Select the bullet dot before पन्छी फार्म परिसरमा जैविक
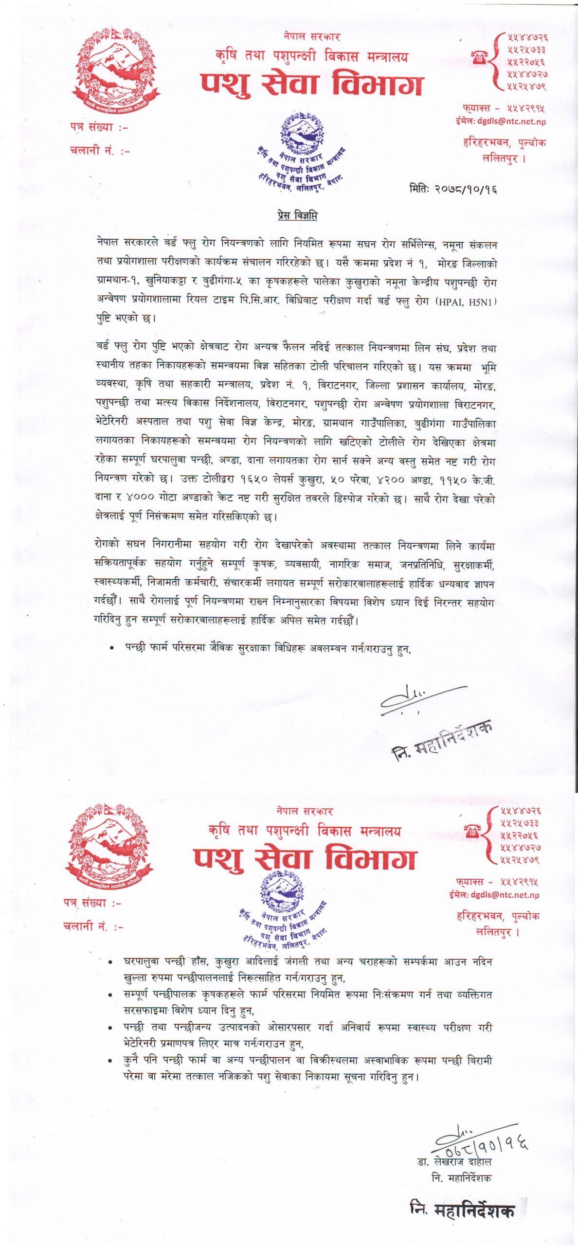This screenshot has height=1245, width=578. click(x=112, y=648)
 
